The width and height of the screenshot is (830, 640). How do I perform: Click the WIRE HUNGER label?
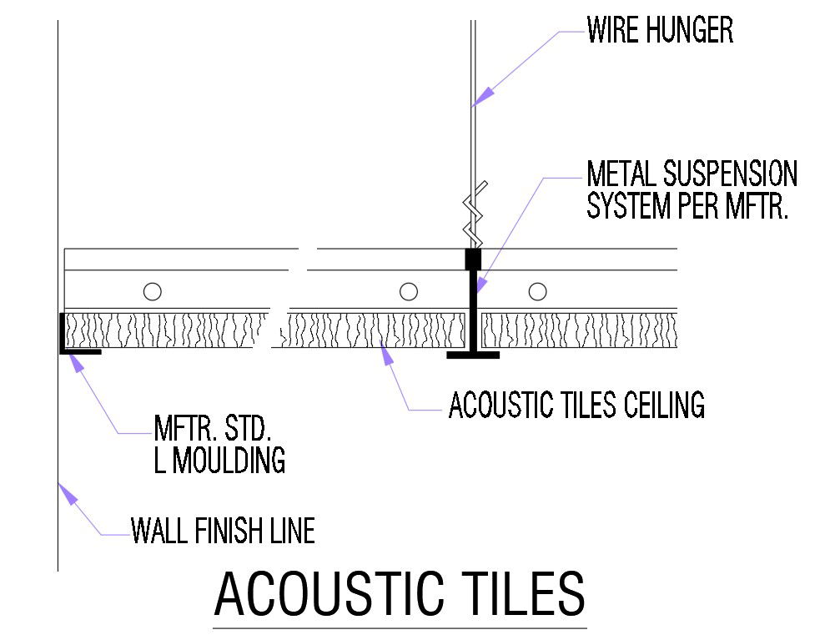tap(660, 31)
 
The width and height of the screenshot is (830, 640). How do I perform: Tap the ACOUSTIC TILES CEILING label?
tap(576, 406)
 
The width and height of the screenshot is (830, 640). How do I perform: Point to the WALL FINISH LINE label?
tap(223, 531)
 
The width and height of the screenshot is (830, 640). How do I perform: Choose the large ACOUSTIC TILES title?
tap(400, 595)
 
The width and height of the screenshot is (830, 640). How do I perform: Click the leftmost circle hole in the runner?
tap(152, 291)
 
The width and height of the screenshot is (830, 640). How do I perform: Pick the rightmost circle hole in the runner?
tap(538, 291)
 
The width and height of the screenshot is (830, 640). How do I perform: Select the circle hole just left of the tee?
tap(408, 291)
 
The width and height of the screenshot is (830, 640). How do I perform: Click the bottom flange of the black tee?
tap(473, 355)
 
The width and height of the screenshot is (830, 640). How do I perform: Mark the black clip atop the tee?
tap(473, 259)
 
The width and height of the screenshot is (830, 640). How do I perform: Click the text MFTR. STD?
tap(213, 430)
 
